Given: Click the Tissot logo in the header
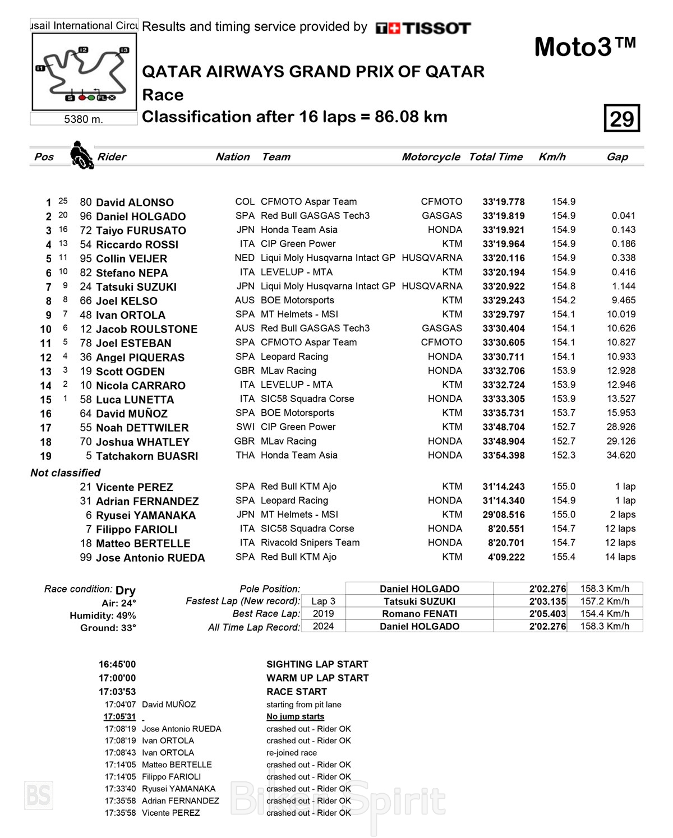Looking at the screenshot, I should click(x=423, y=28).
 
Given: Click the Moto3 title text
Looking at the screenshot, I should click(x=585, y=47).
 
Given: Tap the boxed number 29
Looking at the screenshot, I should click(x=621, y=118).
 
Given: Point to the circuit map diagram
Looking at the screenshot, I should click(x=84, y=72).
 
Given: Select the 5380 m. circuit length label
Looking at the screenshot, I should click(x=84, y=119).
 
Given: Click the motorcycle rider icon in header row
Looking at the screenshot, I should click(x=82, y=155).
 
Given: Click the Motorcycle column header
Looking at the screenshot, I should click(x=431, y=157).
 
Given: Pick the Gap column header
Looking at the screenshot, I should click(x=617, y=157).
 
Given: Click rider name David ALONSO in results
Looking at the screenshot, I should click(x=135, y=202).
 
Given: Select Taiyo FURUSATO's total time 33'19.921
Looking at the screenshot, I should click(x=504, y=230).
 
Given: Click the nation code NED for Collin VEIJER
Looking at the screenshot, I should click(x=245, y=258).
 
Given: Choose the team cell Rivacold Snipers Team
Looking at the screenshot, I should click(x=310, y=543).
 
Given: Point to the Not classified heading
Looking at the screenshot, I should click(x=66, y=473).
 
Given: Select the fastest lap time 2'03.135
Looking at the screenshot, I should click(x=547, y=601).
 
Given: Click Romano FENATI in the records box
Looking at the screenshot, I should click(x=420, y=614).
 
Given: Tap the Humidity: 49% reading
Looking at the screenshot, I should click(x=103, y=615).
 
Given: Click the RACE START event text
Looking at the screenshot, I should click(x=297, y=692).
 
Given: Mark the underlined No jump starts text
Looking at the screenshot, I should click(x=295, y=716).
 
